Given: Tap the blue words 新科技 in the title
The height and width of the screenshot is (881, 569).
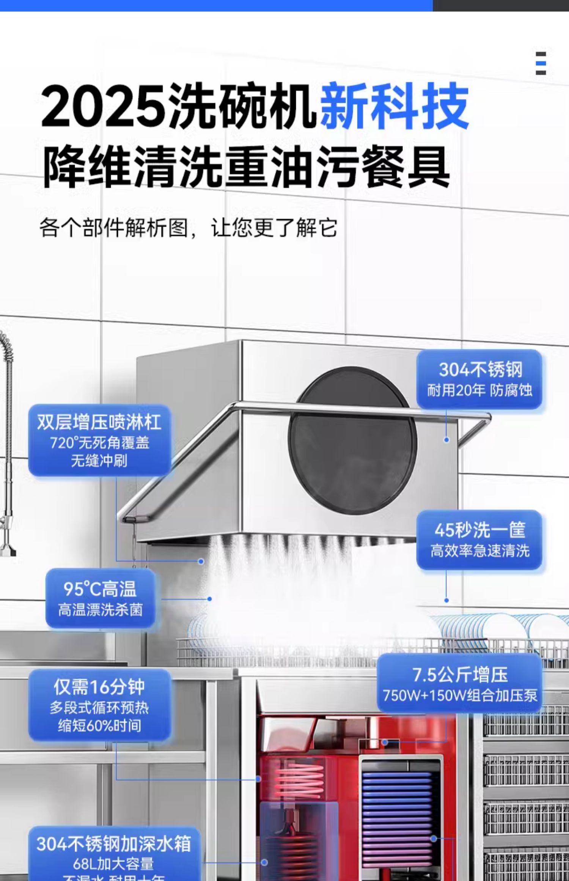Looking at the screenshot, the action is [x=395, y=106].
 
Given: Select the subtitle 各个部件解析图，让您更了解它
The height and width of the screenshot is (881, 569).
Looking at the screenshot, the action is [x=188, y=227].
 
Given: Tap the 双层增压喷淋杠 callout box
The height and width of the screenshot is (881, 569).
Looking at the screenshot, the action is [x=99, y=440].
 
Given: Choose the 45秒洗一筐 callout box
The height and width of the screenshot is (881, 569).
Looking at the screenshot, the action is [x=479, y=540].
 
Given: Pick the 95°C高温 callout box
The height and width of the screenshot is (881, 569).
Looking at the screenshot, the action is [x=100, y=598].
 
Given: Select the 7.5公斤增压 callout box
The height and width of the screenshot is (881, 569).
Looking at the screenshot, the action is [x=459, y=683].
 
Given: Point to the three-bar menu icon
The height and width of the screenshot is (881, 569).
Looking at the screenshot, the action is [x=541, y=63].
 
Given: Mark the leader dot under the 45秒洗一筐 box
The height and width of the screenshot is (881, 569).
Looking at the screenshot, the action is [x=446, y=600].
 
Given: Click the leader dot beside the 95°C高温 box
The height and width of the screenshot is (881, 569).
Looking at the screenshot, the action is [x=209, y=599].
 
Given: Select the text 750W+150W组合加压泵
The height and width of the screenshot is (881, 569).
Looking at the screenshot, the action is [x=460, y=695].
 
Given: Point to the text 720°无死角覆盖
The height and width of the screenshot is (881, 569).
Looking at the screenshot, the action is [x=99, y=442].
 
